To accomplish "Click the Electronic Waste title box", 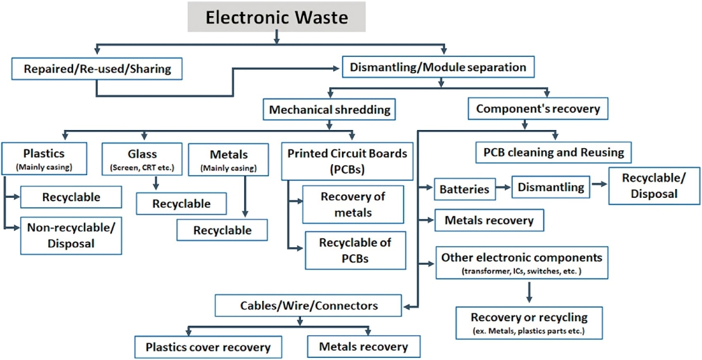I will tap(276, 17).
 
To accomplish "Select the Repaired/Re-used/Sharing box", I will tap(97, 68).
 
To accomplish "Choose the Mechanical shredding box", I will tap(329, 109).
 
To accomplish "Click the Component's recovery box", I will tap(538, 109).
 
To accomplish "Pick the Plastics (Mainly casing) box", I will tap(44, 158).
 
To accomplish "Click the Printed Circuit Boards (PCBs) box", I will tap(347, 160).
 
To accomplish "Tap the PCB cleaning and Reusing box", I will tap(553, 153).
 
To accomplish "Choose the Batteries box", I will tap(464, 189).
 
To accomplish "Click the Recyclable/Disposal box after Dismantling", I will tap(648, 186).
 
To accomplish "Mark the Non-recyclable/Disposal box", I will tap(71, 235).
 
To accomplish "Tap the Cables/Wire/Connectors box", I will tap(308, 306).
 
